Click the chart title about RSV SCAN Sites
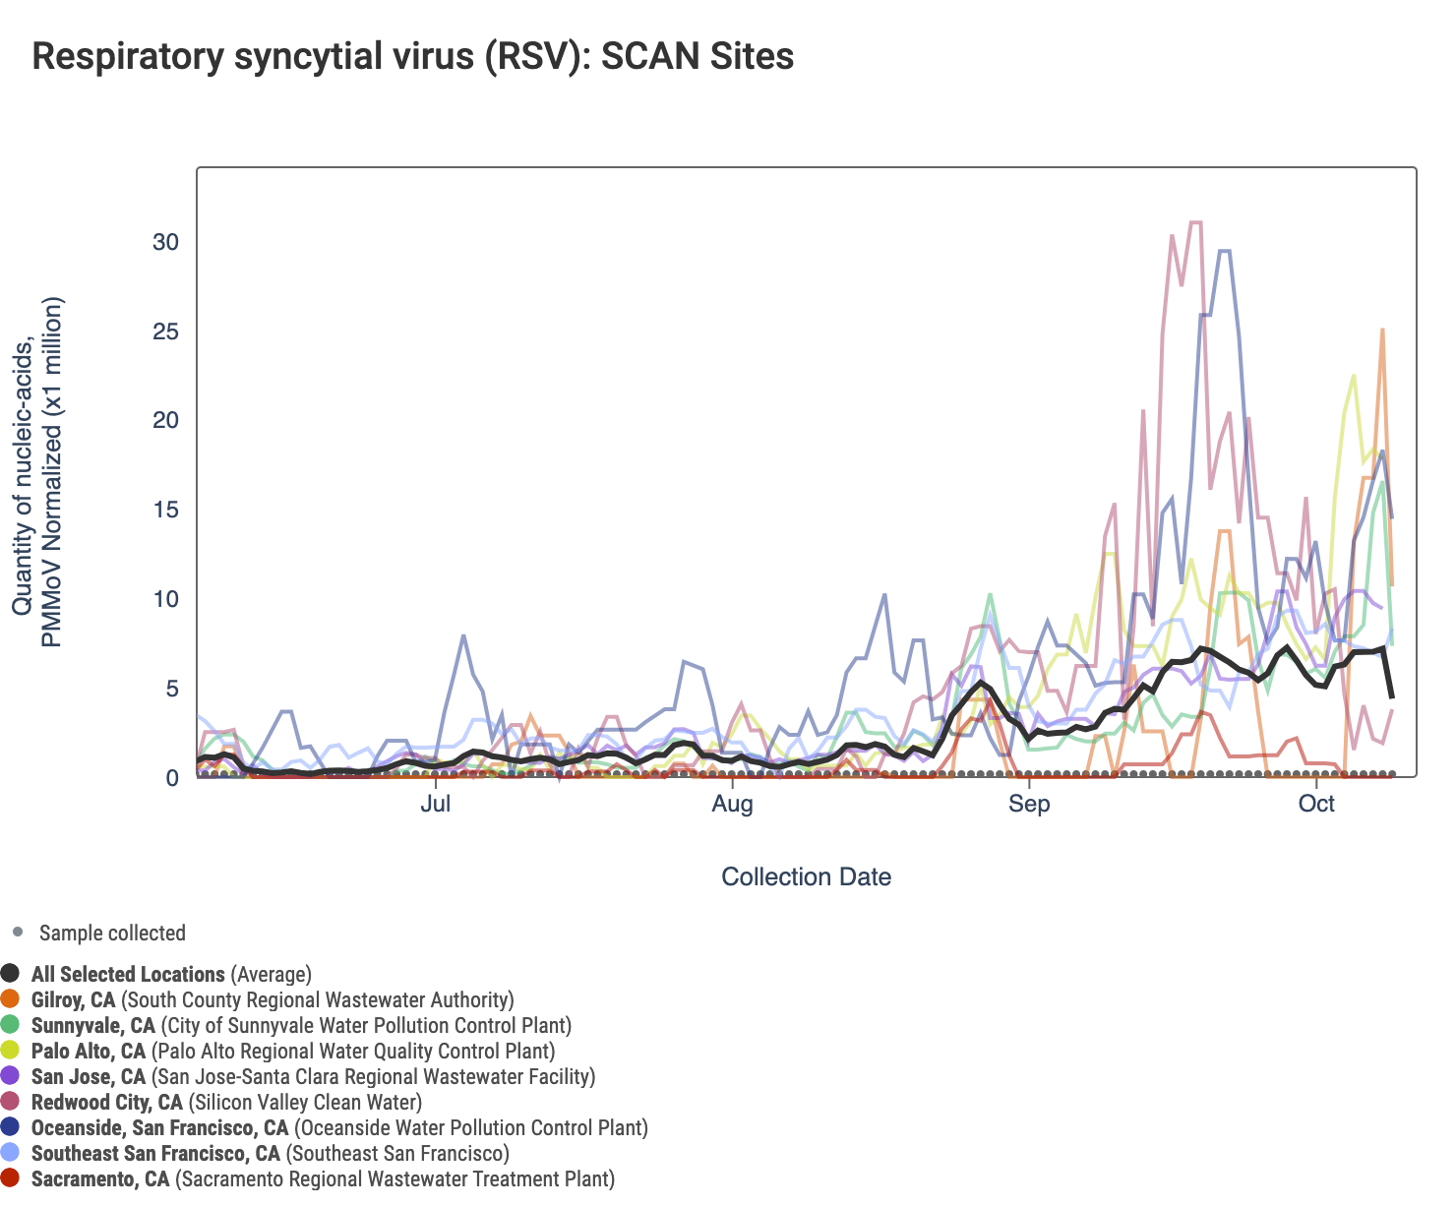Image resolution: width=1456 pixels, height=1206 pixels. [x=412, y=56]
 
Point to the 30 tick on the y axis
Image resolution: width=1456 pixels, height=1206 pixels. [x=165, y=242]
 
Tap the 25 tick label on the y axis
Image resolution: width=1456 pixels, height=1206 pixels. [x=165, y=332]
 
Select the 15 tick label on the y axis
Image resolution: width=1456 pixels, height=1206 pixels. [x=165, y=510]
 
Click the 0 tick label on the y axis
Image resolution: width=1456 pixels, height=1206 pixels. [x=172, y=778]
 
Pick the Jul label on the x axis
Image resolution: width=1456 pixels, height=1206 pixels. [x=435, y=804]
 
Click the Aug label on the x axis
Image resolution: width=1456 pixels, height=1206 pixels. [x=732, y=804]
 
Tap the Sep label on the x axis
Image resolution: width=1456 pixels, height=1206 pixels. [x=1029, y=804]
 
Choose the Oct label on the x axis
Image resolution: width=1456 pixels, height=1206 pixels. [x=1316, y=804]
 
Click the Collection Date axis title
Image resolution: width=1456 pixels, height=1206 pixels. [x=806, y=876]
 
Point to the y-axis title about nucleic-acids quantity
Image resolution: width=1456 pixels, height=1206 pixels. [x=37, y=472]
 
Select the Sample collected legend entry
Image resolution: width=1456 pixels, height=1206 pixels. [x=111, y=933]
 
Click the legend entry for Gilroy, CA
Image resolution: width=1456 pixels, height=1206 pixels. [x=272, y=1000]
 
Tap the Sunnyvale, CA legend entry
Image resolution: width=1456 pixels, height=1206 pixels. [x=300, y=1026]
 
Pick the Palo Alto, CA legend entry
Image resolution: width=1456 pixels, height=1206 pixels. [x=292, y=1052]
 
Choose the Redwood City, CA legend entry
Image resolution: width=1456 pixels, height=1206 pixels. [x=226, y=1103]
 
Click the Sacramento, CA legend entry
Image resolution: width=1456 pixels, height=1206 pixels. [x=322, y=1178]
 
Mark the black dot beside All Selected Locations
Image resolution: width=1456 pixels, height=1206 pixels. [x=11, y=974]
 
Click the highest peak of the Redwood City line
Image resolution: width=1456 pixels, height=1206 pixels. [x=1196, y=222]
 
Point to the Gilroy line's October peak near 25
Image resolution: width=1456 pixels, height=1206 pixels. [x=1382, y=330]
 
